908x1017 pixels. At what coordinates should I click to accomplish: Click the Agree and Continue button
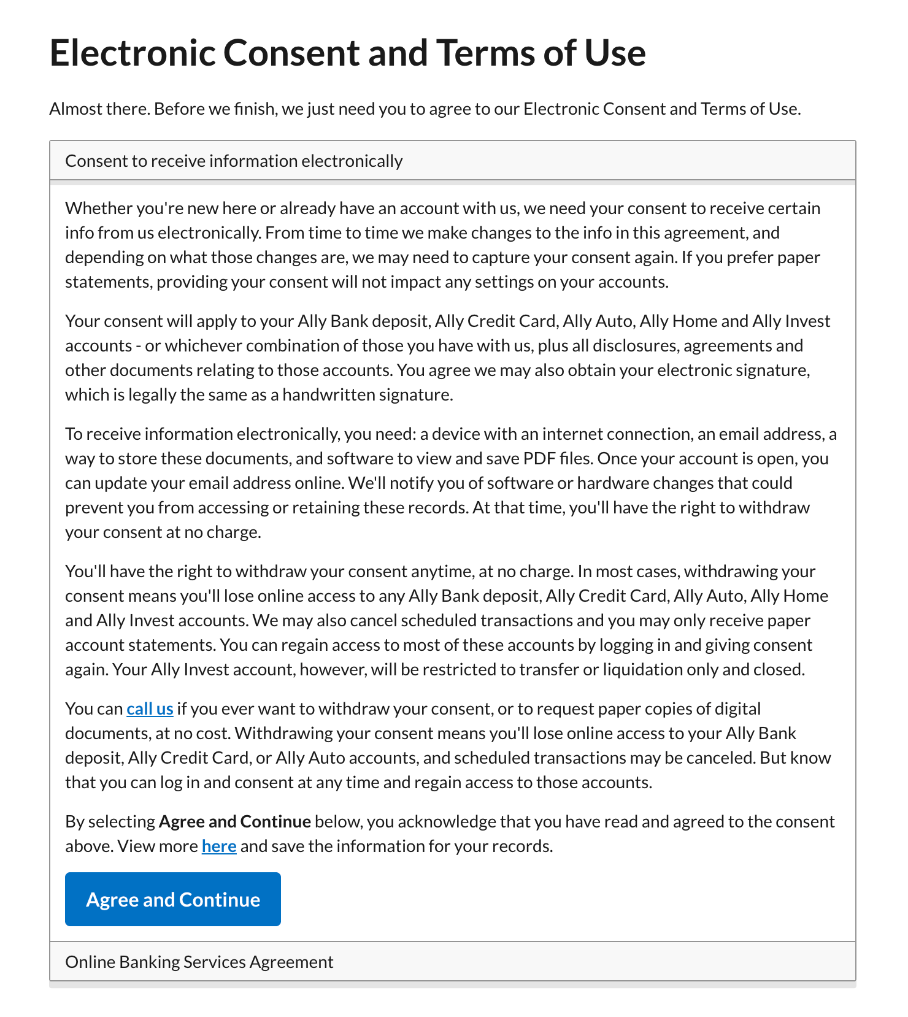pos(172,899)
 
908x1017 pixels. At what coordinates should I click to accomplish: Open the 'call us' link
pos(150,709)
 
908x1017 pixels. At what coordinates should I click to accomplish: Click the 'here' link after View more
pos(219,846)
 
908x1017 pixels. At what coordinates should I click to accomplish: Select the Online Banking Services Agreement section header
pos(199,962)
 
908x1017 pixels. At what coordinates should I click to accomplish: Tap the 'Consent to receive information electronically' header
pos(234,161)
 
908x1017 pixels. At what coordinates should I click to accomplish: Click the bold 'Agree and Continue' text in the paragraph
pos(234,822)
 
